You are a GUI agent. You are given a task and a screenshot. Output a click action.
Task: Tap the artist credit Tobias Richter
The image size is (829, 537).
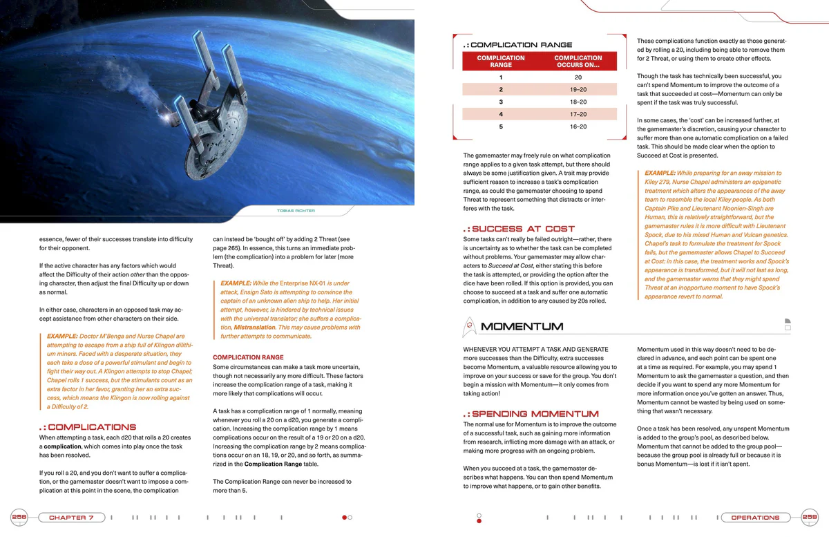(x=296, y=210)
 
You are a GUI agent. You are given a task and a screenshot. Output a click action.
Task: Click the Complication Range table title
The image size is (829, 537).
(x=521, y=45)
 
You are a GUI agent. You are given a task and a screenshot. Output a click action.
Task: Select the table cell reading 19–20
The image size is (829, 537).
(x=578, y=90)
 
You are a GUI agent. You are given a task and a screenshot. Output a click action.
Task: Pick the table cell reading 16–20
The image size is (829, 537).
(x=578, y=126)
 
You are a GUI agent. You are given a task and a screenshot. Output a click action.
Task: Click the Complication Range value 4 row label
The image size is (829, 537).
(x=501, y=114)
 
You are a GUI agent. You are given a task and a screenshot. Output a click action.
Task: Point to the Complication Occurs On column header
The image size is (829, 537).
(x=578, y=62)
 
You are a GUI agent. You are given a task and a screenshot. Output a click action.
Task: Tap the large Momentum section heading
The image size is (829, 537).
(x=522, y=326)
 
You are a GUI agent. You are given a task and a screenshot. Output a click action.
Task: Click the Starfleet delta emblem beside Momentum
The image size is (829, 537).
(x=470, y=326)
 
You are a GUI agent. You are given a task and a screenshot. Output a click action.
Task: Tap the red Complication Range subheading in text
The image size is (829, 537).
(x=248, y=357)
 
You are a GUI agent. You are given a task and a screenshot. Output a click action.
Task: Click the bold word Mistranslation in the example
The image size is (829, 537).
(x=254, y=328)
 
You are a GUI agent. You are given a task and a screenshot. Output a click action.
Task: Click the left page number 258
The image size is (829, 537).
(x=19, y=517)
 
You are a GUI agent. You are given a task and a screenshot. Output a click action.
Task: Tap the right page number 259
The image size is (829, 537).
(x=810, y=517)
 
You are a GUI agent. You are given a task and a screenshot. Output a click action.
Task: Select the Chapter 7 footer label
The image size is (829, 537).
(x=72, y=518)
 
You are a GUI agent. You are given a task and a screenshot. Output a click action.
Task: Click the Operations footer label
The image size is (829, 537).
(x=755, y=518)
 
